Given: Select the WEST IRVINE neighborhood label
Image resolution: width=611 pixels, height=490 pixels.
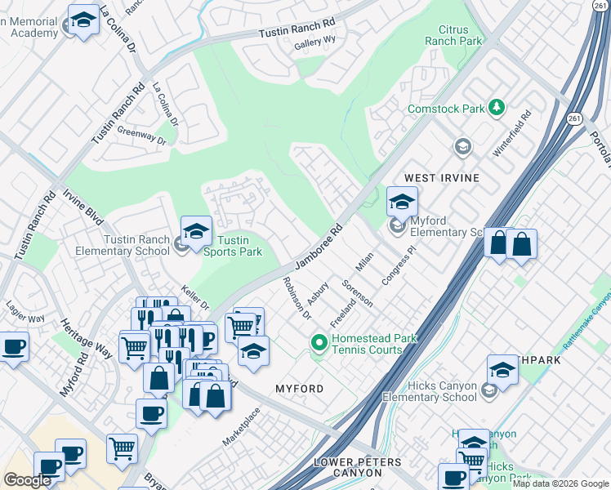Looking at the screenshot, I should (x=441, y=177).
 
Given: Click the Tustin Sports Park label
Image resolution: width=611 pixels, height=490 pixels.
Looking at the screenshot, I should (x=239, y=246).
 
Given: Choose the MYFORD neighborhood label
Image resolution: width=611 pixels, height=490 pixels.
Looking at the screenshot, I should (x=300, y=389).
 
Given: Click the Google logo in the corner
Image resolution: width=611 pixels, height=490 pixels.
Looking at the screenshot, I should (x=27, y=480).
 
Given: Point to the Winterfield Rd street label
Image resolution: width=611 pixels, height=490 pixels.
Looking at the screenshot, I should (x=512, y=135).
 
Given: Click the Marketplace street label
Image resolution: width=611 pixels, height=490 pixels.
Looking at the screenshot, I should (x=241, y=427).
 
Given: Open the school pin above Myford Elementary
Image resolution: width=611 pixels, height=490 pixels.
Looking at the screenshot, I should (x=401, y=201).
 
